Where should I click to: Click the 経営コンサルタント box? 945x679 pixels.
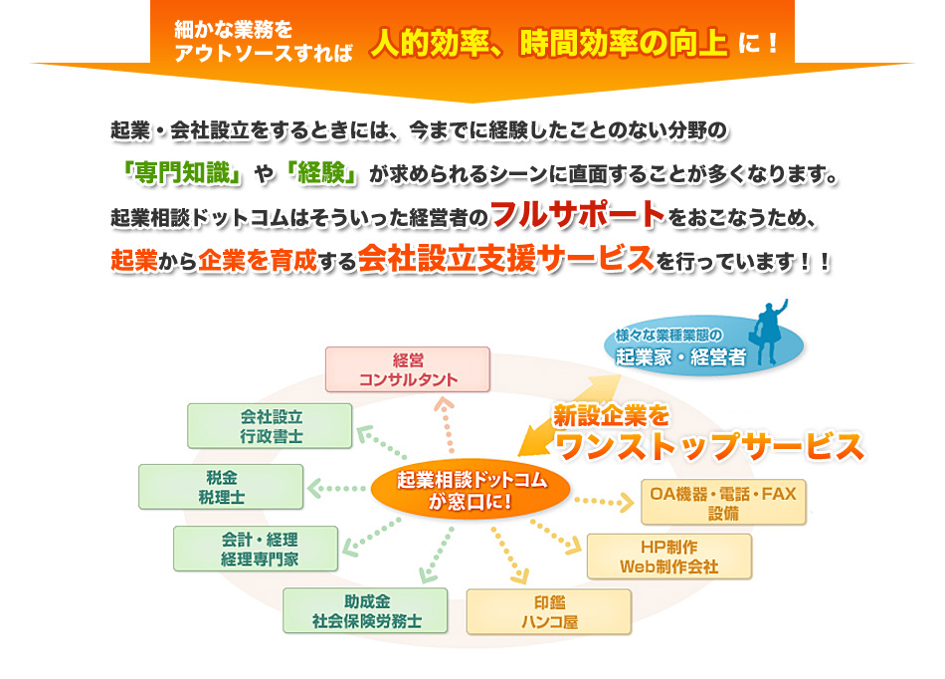[x=408, y=368]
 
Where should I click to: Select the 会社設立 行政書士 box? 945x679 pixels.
[x=271, y=425]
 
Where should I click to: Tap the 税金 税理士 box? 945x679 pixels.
[x=221, y=486]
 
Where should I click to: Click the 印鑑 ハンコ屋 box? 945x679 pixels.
[x=549, y=611]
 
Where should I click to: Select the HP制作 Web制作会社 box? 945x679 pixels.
[x=668, y=557]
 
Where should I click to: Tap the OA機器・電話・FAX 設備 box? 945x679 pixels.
[x=723, y=502]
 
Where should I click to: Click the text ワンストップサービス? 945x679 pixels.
[x=709, y=448]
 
